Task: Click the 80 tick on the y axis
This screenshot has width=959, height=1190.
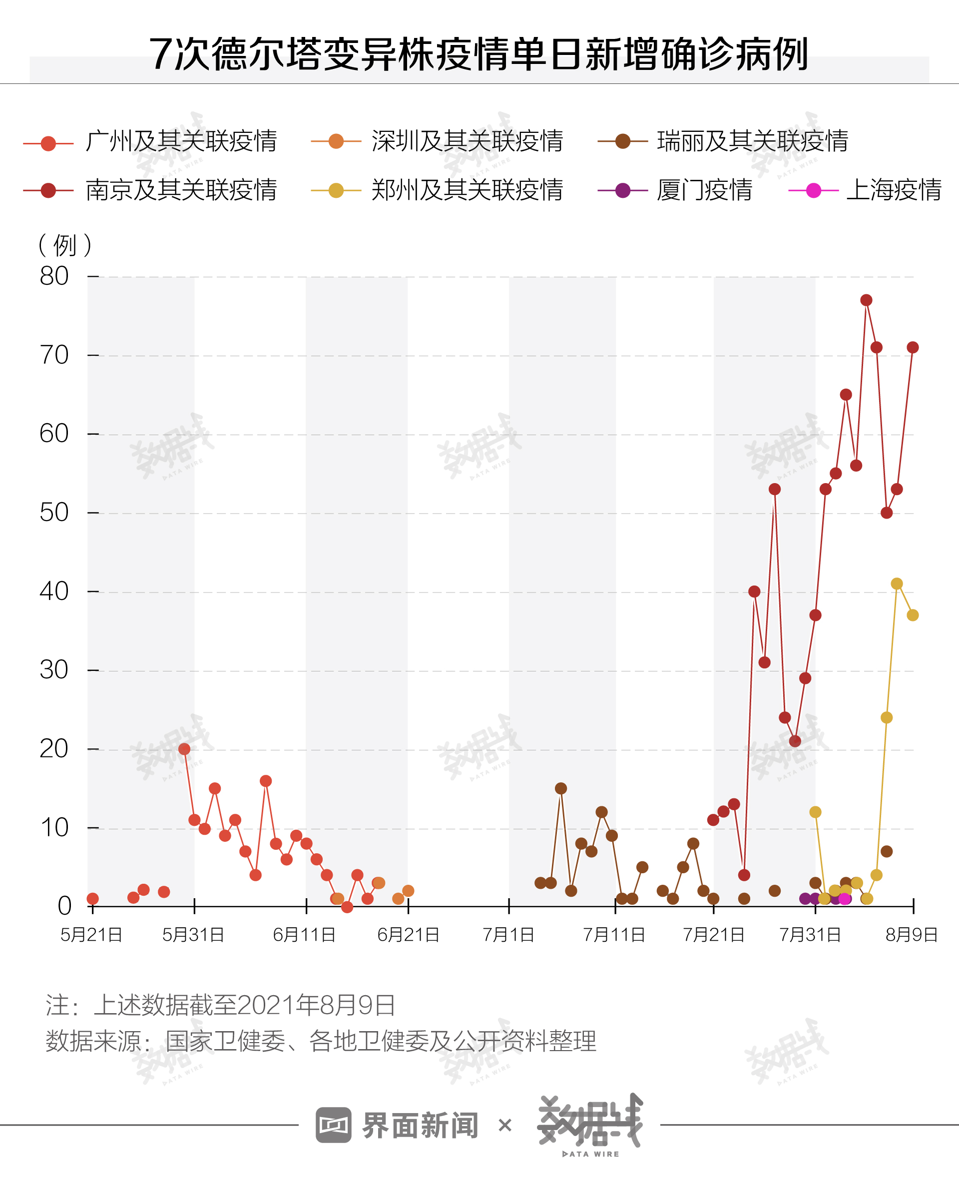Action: click(54, 276)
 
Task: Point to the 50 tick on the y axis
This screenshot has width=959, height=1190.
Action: click(54, 512)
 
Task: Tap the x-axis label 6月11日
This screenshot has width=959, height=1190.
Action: click(304, 935)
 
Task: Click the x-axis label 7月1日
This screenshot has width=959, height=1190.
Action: click(508, 935)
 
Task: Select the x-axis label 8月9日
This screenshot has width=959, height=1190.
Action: click(912, 935)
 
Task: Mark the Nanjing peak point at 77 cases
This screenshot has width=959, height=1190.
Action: click(866, 300)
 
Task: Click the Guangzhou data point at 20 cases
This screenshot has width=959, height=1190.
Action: click(184, 749)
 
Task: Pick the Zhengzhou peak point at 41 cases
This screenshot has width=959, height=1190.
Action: click(897, 584)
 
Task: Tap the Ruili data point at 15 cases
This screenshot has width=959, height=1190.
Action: click(561, 788)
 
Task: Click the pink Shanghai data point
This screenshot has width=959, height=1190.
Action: click(845, 899)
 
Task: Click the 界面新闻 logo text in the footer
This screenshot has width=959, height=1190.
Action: click(420, 1126)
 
